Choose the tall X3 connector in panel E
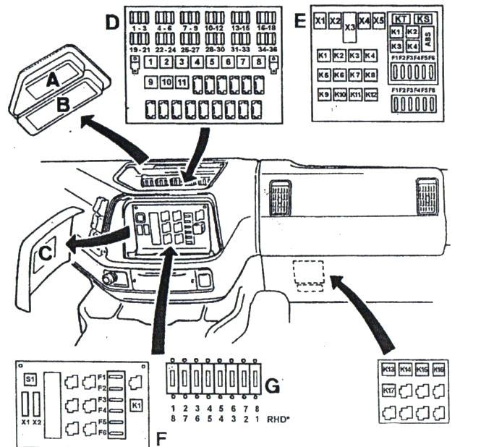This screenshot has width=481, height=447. coord(350,27)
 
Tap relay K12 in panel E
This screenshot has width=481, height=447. coord(370,95)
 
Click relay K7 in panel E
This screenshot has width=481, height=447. coord(354,74)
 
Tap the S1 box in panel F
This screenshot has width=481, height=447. coord(30,379)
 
